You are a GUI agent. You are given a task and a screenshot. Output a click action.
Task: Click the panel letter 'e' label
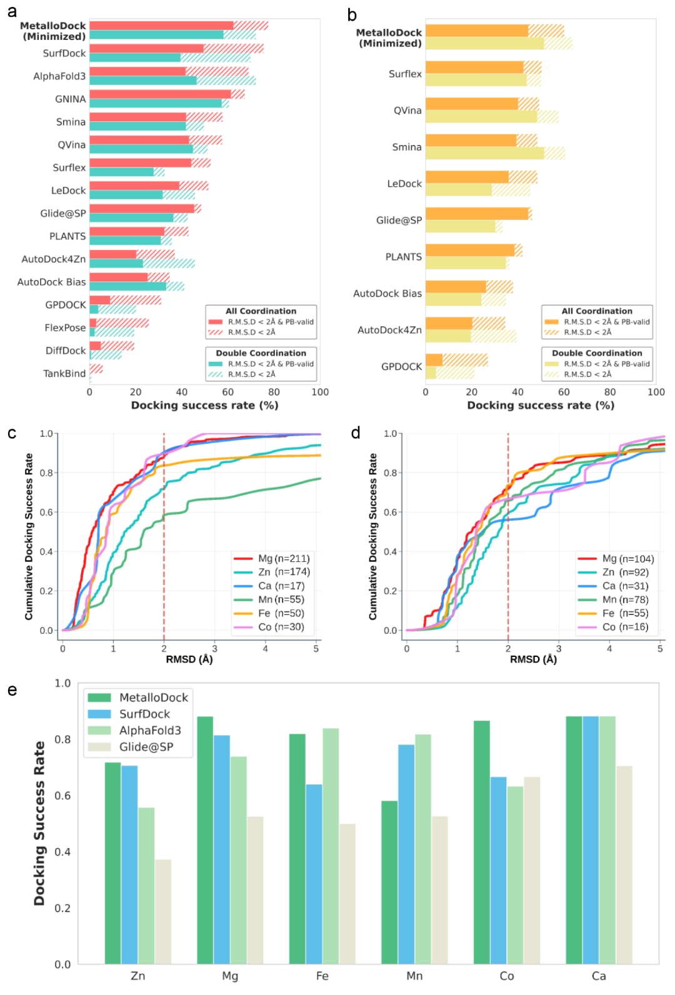point(12,690)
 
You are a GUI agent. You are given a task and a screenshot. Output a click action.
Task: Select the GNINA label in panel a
point(70,99)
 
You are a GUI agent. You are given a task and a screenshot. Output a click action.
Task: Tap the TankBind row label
point(64,373)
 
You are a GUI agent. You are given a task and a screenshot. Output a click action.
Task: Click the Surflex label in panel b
point(405,74)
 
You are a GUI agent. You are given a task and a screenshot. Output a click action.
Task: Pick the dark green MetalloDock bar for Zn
point(112,862)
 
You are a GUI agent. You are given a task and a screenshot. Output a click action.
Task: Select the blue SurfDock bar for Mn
point(406,854)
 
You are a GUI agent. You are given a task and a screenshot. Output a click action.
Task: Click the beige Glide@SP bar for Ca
point(624,864)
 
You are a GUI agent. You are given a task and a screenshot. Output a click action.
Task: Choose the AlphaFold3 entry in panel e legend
point(150,730)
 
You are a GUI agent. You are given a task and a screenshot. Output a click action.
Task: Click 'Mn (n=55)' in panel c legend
point(281,599)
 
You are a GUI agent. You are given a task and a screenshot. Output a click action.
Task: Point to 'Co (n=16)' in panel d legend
point(625,627)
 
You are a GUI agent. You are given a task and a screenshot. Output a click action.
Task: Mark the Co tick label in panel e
point(506,976)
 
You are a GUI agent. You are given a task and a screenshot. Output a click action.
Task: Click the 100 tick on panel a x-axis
point(320,392)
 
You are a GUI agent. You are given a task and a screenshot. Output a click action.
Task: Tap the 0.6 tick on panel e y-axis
point(62,795)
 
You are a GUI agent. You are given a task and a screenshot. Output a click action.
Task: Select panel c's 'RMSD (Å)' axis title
point(189,659)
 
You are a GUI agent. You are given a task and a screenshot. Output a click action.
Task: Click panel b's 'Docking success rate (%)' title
point(541,405)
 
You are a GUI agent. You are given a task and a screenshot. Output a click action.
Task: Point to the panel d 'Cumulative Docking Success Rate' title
point(373,536)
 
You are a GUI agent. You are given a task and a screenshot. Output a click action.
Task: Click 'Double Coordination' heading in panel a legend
point(261,353)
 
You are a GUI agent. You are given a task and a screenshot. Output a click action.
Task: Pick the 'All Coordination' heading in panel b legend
point(597,311)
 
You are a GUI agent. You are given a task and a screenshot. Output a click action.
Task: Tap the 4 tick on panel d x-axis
point(609,648)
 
